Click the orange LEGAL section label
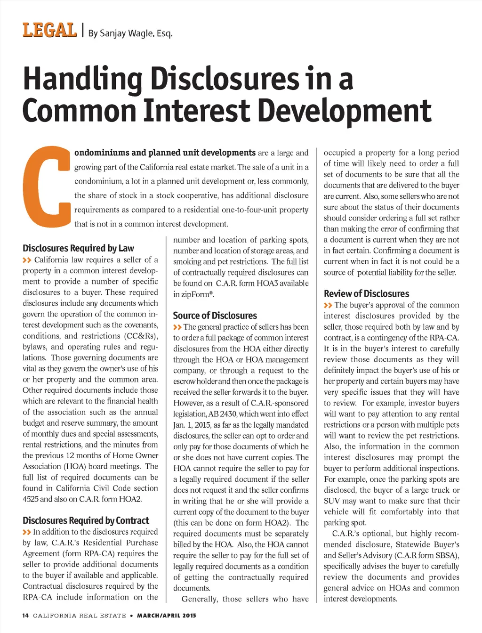pos(49,31)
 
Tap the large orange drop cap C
pos(48,187)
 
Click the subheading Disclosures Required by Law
pos(78,248)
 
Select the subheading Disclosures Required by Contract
pos(86,520)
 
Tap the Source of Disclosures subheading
pos(215,316)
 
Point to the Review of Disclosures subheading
pos(366,294)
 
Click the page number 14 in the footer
pos(25,616)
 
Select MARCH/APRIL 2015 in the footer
pos(167,616)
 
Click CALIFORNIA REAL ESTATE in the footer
pos(80,616)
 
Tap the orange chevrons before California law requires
pos(27,260)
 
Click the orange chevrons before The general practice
pos(177,327)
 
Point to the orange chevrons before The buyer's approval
pos(328,306)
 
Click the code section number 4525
pos(30,499)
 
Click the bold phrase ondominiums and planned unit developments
pos(165,153)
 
